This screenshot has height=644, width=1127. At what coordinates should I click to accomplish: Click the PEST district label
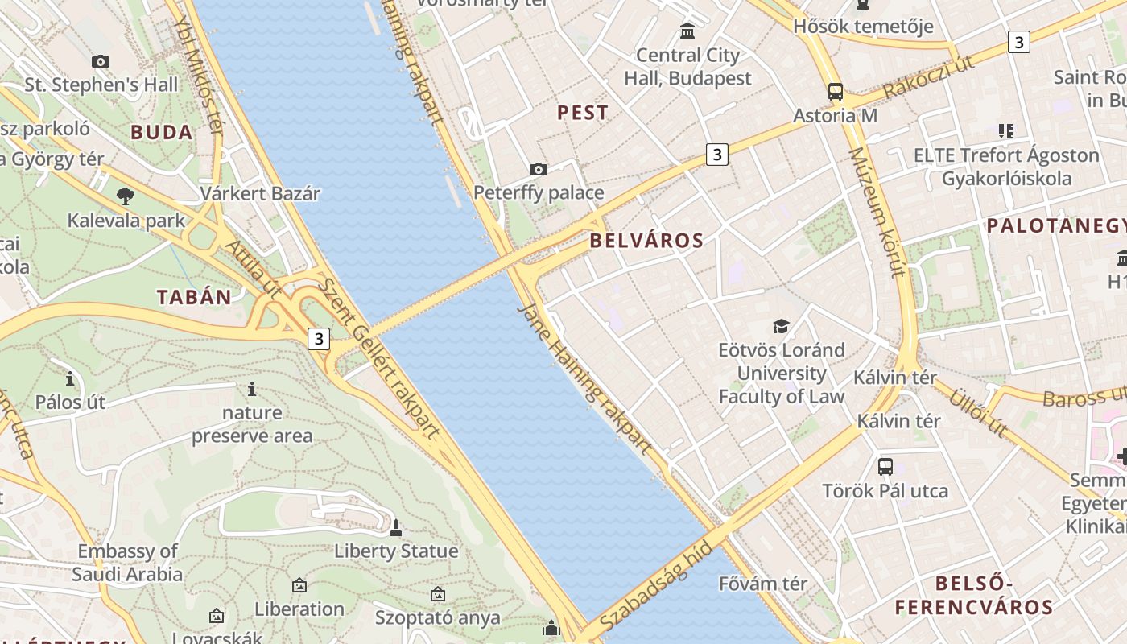point(583,113)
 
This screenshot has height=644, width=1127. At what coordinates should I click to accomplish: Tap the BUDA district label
point(162,133)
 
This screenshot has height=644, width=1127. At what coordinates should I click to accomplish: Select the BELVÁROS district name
point(646,240)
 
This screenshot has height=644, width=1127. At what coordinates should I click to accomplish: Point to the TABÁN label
point(194,297)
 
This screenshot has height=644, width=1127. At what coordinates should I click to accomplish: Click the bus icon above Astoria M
point(836,92)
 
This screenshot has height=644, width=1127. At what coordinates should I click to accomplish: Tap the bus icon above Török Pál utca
point(885,466)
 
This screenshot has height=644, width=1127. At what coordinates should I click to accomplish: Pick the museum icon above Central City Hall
point(687,31)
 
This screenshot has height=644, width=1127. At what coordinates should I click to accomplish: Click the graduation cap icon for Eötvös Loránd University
point(781,326)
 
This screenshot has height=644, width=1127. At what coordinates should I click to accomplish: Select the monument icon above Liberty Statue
point(395,528)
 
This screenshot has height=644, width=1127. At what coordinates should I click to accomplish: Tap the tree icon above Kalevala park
point(125,195)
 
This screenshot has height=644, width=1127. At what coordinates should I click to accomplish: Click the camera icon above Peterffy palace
point(539,169)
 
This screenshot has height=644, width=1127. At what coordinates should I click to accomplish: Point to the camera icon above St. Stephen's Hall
point(101,61)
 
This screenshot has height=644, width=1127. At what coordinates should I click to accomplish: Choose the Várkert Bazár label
point(260,194)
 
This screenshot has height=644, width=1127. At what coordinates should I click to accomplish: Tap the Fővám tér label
point(762,584)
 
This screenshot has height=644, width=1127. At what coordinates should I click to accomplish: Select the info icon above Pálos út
point(70,378)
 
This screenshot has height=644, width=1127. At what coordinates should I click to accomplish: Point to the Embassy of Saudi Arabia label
point(127,563)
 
